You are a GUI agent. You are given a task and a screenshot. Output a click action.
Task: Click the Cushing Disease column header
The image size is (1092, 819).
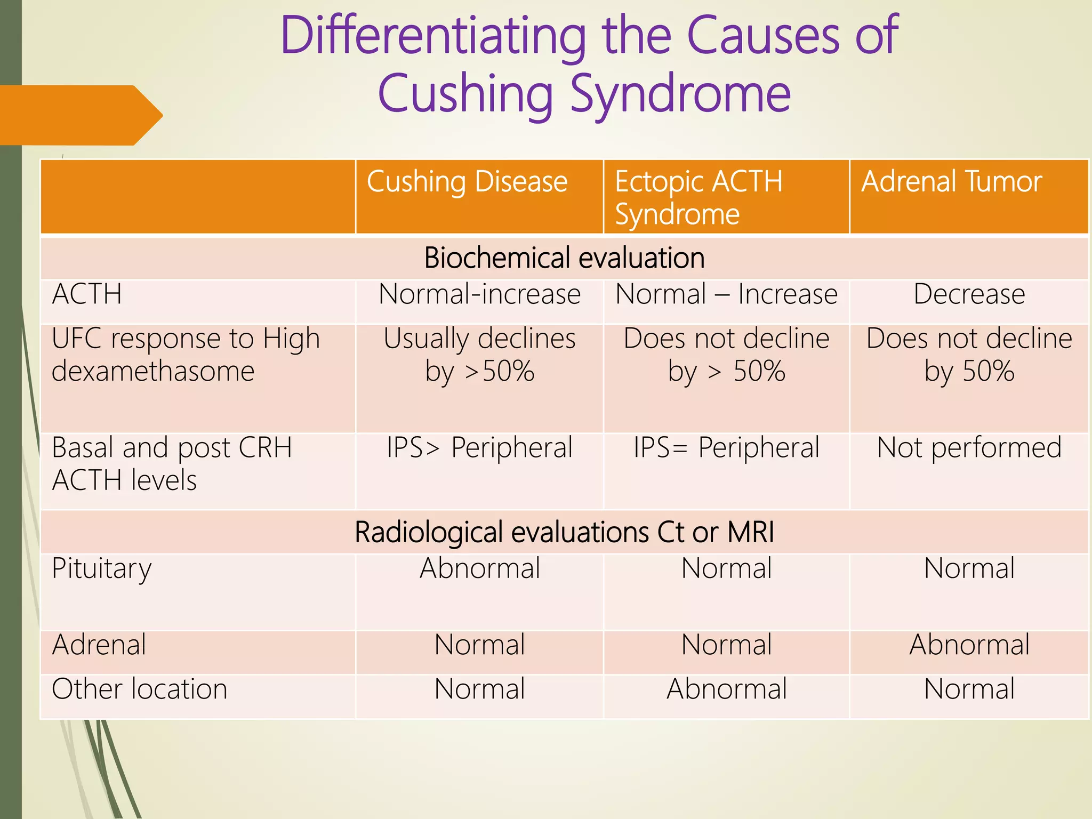tap(467, 182)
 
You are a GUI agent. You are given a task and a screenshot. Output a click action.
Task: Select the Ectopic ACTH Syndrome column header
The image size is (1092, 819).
tap(698, 197)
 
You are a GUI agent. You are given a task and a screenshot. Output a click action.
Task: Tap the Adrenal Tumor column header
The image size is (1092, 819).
tap(951, 182)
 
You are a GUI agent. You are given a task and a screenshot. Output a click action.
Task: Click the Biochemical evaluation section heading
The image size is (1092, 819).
tap(564, 258)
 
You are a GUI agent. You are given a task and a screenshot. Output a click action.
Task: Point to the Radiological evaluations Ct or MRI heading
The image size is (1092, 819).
tap(564, 532)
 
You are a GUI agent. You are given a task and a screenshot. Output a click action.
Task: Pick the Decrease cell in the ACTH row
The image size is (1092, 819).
tap(969, 294)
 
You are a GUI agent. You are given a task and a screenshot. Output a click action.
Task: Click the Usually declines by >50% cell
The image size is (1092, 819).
tap(479, 355)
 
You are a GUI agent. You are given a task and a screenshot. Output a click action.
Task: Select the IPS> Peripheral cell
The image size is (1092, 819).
tap(479, 448)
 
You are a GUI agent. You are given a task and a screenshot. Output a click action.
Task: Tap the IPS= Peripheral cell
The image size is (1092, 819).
tap(726, 448)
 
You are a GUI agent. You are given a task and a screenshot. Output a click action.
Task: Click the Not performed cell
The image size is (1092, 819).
tap(969, 448)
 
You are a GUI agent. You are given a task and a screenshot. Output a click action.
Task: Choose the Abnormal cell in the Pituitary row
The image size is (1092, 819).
tap(479, 568)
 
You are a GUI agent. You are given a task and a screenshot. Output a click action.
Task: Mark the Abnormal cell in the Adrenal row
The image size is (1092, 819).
tap(969, 645)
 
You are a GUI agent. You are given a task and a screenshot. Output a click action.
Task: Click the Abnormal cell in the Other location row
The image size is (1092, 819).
tap(726, 689)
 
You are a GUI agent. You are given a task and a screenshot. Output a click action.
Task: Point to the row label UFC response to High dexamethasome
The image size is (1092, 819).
tap(186, 355)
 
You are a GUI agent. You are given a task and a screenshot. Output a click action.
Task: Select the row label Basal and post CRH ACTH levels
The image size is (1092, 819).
tap(172, 464)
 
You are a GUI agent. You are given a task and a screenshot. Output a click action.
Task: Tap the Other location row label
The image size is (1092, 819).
tap(140, 689)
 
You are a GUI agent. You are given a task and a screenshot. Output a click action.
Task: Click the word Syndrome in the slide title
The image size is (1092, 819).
tap(680, 94)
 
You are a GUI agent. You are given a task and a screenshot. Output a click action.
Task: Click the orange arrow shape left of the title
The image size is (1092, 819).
tap(80, 115)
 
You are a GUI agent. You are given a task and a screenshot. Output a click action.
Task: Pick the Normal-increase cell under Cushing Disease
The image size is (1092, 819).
tap(479, 294)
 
